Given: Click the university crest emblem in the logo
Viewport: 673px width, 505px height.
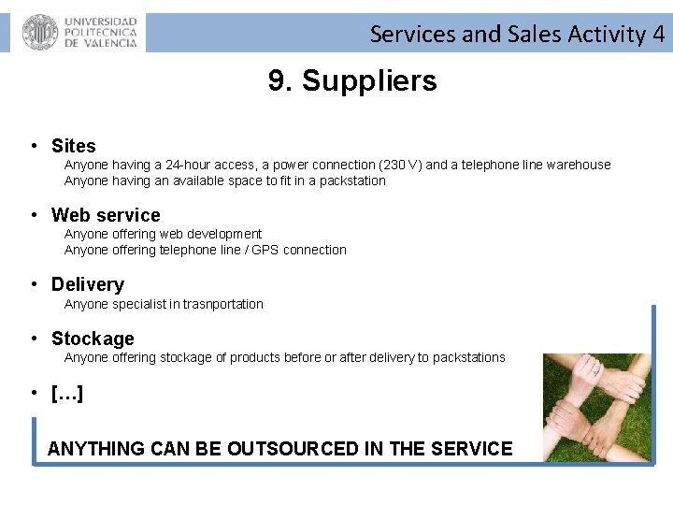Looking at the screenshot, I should [x=40, y=33].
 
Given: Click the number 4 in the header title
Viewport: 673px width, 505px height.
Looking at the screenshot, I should [x=659, y=35].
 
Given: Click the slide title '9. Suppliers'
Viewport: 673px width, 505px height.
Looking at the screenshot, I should [x=352, y=81].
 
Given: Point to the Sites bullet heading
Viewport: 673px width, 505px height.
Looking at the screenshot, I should [x=73, y=146].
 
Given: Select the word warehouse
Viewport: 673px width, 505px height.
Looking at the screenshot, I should [x=579, y=165].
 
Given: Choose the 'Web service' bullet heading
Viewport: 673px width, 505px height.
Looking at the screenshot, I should [x=106, y=215].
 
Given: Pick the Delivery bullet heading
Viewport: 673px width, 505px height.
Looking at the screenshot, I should [x=87, y=284].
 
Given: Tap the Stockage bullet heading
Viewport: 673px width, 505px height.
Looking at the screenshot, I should [x=93, y=339].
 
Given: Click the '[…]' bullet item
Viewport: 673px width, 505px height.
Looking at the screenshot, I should [x=67, y=393].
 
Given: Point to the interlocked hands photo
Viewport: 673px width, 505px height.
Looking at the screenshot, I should [x=597, y=407].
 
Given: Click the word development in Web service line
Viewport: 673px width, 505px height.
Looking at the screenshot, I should [x=224, y=234].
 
